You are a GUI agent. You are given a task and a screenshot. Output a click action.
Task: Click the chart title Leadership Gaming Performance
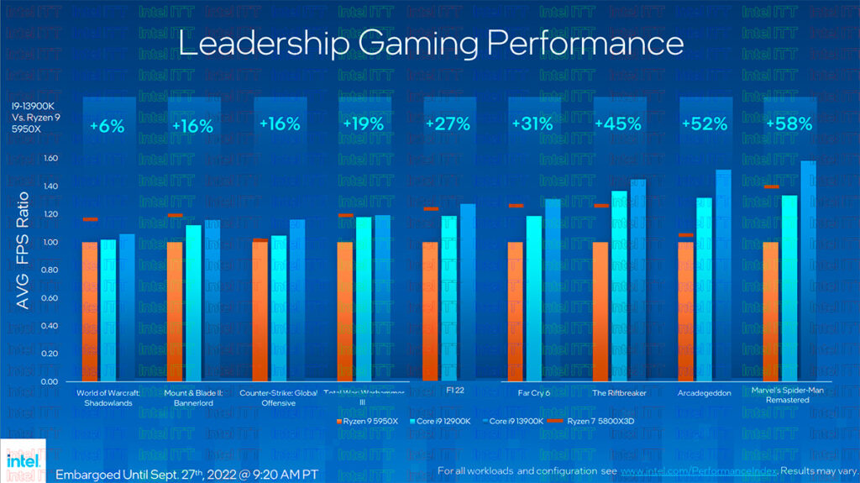(x=431, y=43)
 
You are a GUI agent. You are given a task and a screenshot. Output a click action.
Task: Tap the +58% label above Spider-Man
(x=789, y=123)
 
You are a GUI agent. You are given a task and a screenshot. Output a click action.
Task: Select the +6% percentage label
(x=107, y=126)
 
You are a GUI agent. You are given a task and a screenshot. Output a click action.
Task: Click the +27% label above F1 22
(x=448, y=123)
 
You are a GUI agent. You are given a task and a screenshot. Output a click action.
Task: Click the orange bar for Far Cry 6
(x=515, y=311)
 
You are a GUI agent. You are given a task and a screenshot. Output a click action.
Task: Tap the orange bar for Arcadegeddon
(x=686, y=311)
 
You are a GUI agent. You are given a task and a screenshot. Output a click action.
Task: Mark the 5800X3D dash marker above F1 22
(x=431, y=208)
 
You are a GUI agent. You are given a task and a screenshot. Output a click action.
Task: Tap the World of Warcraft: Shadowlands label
(x=107, y=396)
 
